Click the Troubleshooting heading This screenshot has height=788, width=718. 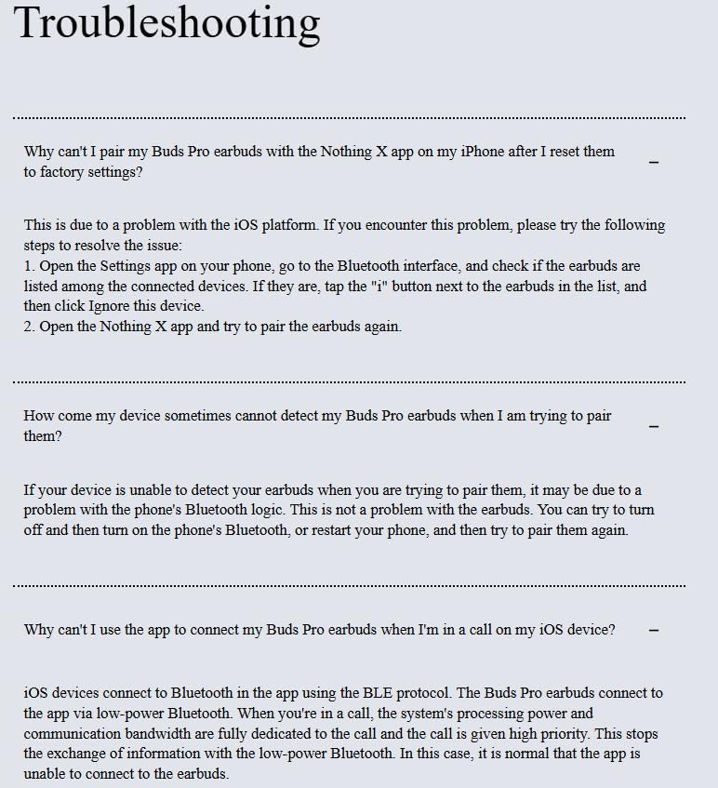click(167, 22)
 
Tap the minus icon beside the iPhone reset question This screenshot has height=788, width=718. click(654, 162)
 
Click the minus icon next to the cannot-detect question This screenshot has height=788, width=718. click(654, 426)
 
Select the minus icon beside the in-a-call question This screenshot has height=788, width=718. click(654, 630)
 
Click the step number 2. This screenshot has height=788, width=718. click(29, 327)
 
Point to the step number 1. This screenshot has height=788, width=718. click(29, 266)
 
